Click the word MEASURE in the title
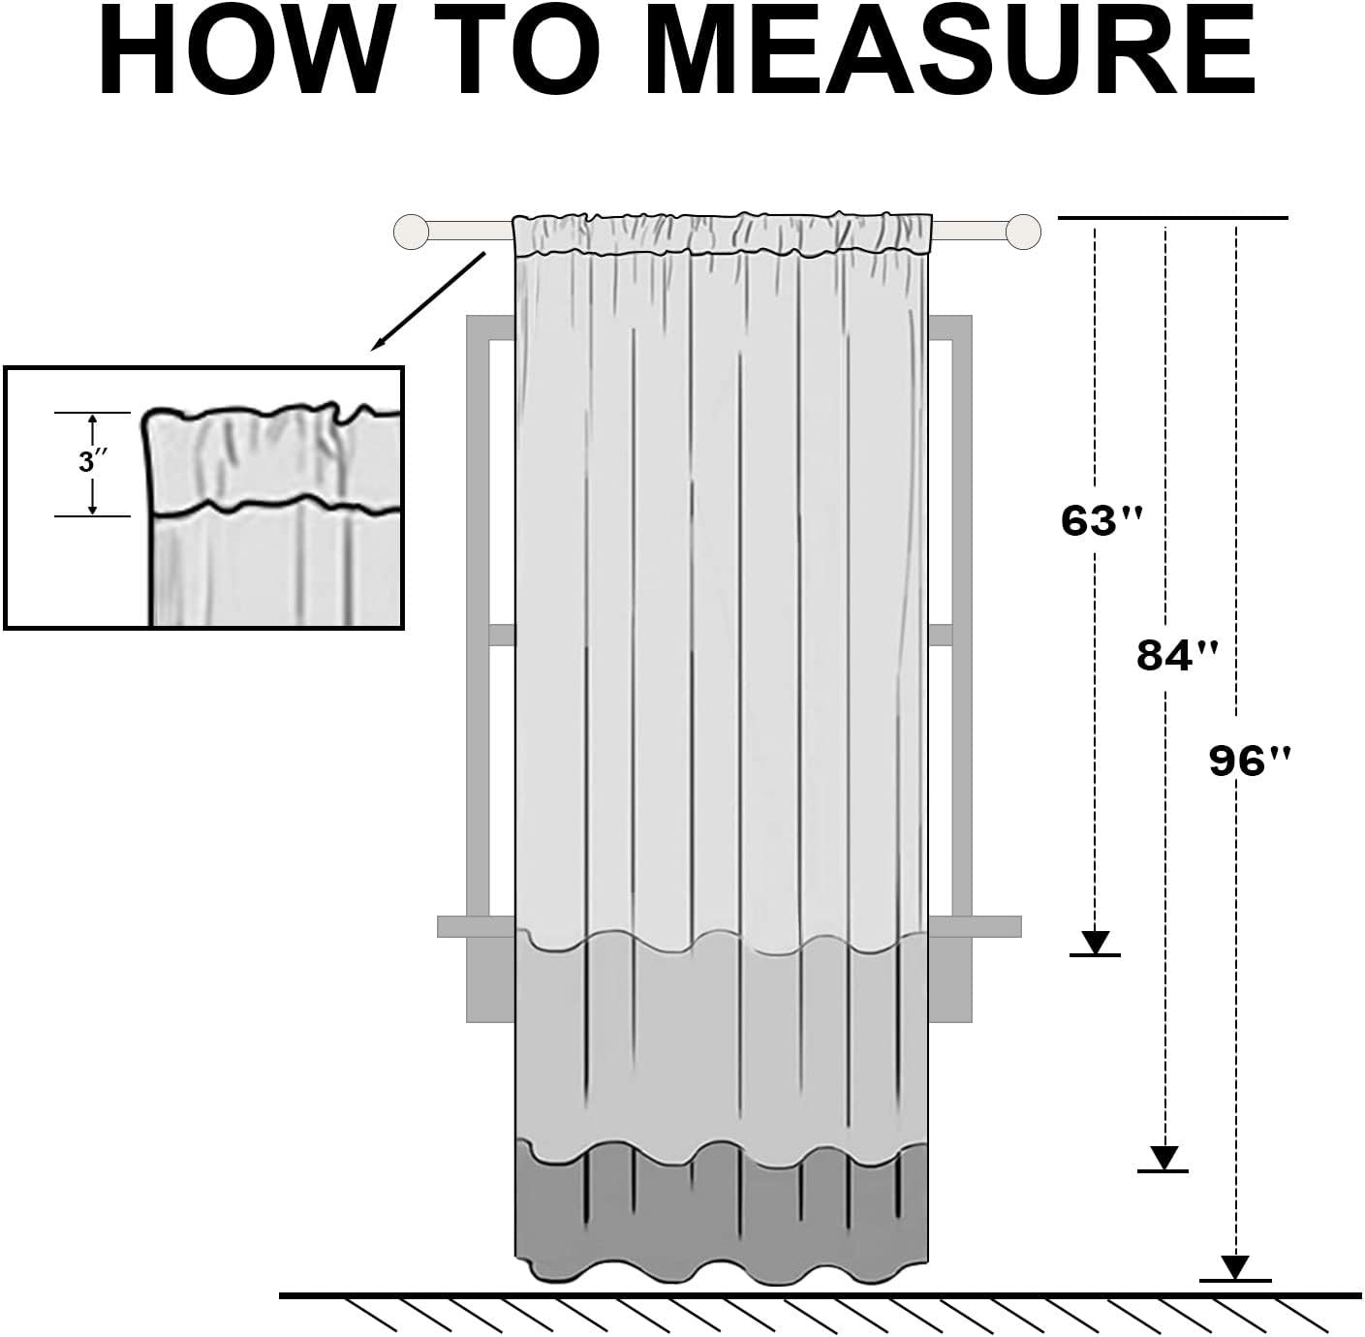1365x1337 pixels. point(950,51)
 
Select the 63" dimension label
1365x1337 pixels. point(1101,521)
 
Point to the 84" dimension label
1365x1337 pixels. point(1177,655)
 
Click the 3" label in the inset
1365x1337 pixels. point(93,462)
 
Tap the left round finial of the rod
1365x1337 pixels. point(412,232)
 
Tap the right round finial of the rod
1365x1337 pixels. point(1023,232)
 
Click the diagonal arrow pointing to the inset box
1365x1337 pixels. point(428,301)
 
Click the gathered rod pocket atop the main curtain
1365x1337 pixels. point(722,233)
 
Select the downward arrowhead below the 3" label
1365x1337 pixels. point(92,508)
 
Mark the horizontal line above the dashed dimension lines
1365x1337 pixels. point(1172,218)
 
